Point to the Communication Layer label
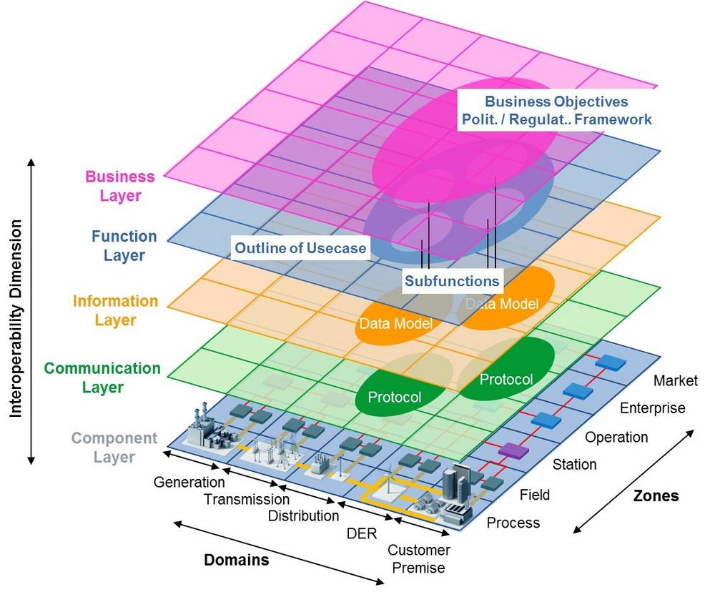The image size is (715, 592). pyautogui.click(x=102, y=378)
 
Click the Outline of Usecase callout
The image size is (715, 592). pyautogui.click(x=300, y=249)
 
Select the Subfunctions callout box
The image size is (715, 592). pyautogui.click(x=452, y=281)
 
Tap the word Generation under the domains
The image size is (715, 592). pyautogui.click(x=189, y=482)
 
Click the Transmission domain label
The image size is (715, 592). pyautogui.click(x=247, y=499)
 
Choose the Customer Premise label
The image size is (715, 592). pyautogui.click(x=419, y=559)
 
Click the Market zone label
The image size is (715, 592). pyautogui.click(x=675, y=380)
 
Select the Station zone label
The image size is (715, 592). pyautogui.click(x=574, y=465)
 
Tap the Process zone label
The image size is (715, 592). pyautogui.click(x=513, y=523)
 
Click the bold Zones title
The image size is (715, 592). pyautogui.click(x=656, y=496)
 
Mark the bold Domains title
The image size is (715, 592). pyautogui.click(x=237, y=560)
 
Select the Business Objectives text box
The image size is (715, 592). pyautogui.click(x=556, y=111)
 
